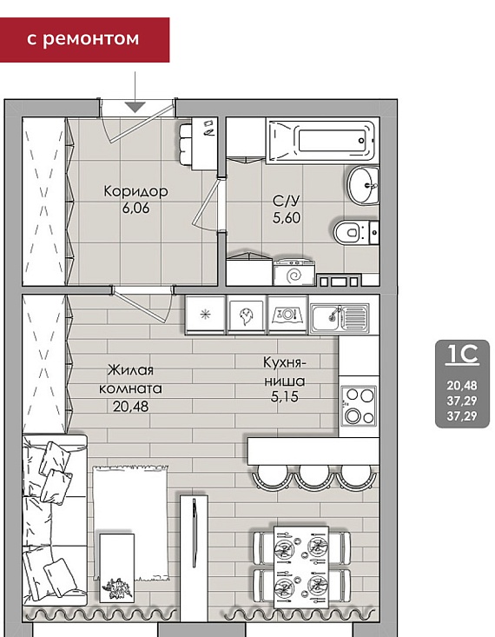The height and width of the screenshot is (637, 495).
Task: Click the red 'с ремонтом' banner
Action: click(84, 40)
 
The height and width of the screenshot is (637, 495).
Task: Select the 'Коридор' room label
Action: click(135, 191)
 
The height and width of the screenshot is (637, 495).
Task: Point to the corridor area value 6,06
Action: click(135, 208)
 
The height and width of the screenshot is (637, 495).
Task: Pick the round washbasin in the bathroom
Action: click(363, 186)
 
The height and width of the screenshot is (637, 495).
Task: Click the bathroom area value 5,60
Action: click(287, 218)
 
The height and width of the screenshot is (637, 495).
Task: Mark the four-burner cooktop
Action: click(358, 406)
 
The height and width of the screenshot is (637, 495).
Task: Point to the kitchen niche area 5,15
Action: click(285, 396)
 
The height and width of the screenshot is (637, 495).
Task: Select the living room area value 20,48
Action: click(131, 406)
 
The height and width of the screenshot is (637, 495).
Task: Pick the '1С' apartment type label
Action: click(463, 355)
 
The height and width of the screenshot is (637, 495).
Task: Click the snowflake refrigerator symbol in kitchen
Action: click(206, 315)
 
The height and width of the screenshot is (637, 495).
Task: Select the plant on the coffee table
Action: click(117, 588)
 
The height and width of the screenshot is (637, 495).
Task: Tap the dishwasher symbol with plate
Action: click(288, 314)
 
